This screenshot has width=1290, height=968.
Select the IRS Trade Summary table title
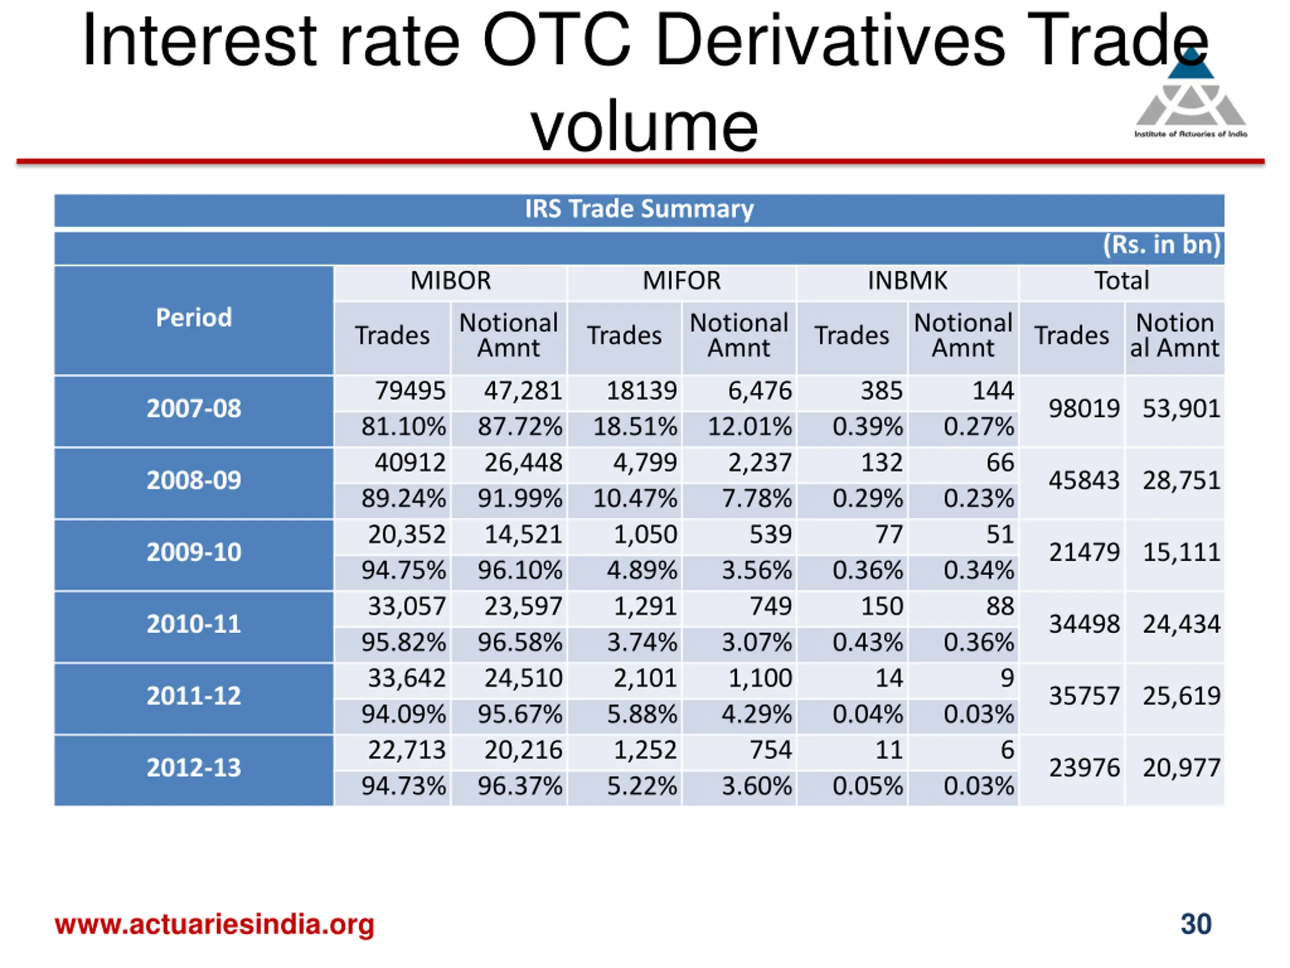coord(639,209)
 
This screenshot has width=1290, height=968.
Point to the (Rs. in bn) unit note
coord(1161,245)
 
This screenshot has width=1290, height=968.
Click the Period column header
coord(193,318)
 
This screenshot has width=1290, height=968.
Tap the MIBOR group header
coord(450,281)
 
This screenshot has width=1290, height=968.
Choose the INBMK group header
coord(908,281)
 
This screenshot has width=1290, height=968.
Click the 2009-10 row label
coord(193,552)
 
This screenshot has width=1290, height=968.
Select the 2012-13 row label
coord(193,767)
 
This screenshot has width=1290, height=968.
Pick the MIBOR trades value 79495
coord(410,390)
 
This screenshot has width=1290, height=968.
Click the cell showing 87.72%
coord(520,427)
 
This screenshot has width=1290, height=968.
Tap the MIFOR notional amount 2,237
coord(759,463)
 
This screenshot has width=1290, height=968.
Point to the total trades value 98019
coord(1083,408)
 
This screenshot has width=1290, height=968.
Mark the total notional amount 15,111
coord(1181,552)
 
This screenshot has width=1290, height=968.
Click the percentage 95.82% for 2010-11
coord(403,642)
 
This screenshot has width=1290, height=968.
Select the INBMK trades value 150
coord(882,606)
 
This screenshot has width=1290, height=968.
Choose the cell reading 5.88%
coord(641,714)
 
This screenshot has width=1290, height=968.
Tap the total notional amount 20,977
coord(1181,768)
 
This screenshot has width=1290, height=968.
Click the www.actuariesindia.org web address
coord(214,924)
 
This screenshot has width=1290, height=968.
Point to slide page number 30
coord(1196,924)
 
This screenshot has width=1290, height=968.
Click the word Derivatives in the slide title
coord(830,41)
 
